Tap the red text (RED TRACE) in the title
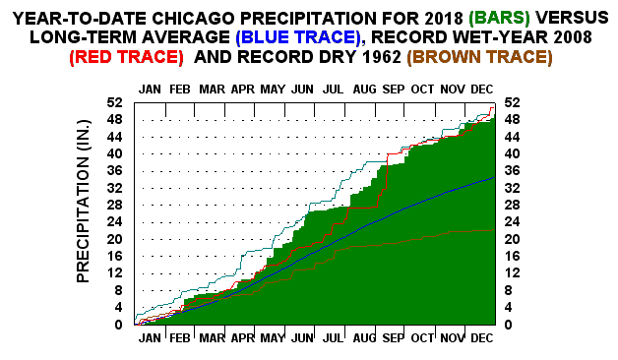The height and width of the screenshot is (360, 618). click(x=126, y=57)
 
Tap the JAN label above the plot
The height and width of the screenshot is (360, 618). click(x=151, y=90)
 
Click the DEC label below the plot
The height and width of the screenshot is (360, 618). click(x=482, y=337)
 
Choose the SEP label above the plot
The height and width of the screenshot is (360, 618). click(x=393, y=90)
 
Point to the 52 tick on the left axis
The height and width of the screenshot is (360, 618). click(x=116, y=102)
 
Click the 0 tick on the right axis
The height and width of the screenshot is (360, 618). click(x=508, y=325)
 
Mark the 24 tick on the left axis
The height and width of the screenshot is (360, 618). click(x=116, y=222)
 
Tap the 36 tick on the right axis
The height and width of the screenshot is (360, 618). click(x=512, y=171)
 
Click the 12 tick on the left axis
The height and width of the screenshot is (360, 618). click(x=116, y=273)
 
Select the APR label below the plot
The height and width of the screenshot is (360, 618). click(x=241, y=337)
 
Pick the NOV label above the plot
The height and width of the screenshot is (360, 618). click(x=453, y=90)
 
